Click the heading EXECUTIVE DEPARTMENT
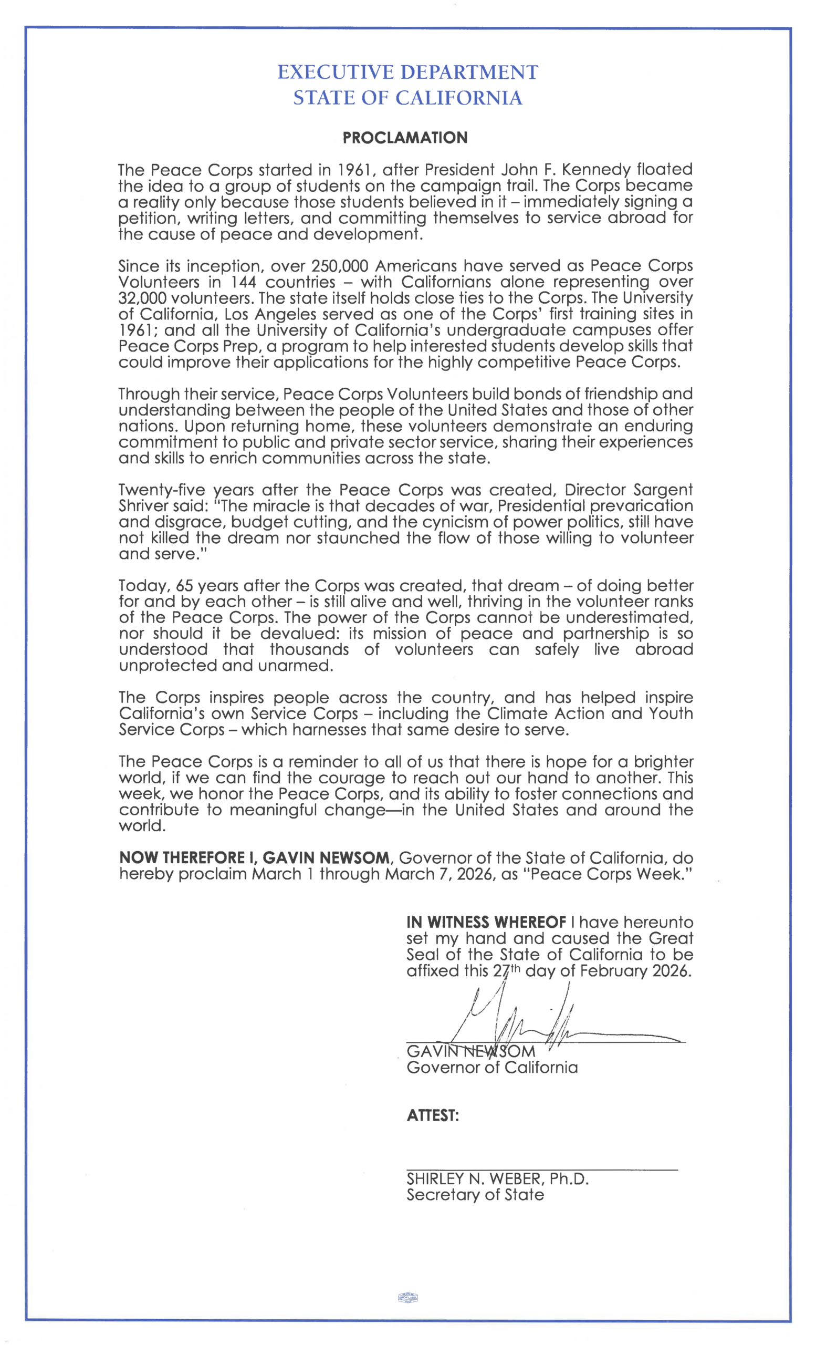(407, 72)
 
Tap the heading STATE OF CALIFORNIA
(407, 98)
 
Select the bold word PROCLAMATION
(405, 138)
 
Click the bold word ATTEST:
(433, 1115)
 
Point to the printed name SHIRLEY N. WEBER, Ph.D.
(497, 1178)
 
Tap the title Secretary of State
(475, 1195)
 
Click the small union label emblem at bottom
(408, 1297)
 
